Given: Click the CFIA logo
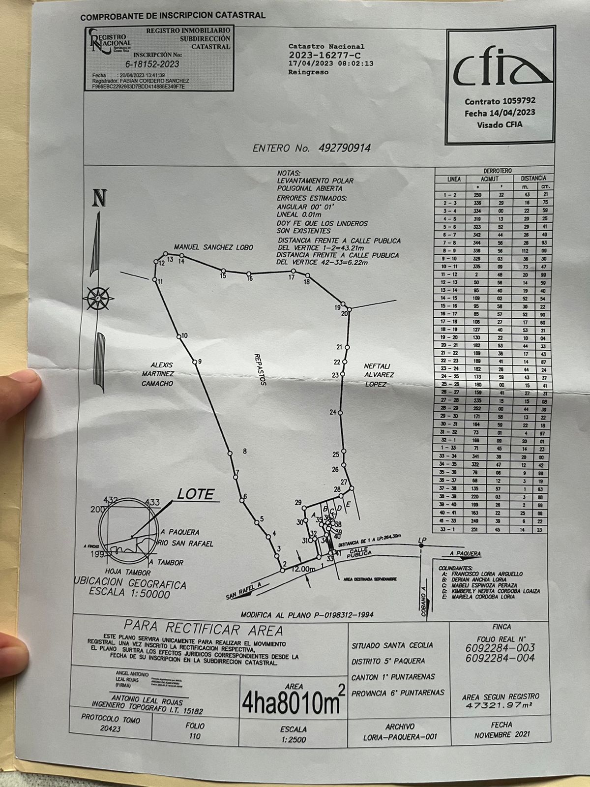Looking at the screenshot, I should point(500,71).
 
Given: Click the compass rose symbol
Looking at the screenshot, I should point(98,298).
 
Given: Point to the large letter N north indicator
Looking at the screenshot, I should point(99,198).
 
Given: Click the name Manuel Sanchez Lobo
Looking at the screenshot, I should point(213,247).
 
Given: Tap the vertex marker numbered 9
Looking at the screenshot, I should point(195,363).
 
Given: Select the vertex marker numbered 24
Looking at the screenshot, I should point(339,412).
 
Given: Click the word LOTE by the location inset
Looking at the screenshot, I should point(195,494).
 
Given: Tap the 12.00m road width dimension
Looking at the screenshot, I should point(303,569).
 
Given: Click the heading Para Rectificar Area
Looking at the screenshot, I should point(203,628).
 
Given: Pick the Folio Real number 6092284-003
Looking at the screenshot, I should point(500,648).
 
